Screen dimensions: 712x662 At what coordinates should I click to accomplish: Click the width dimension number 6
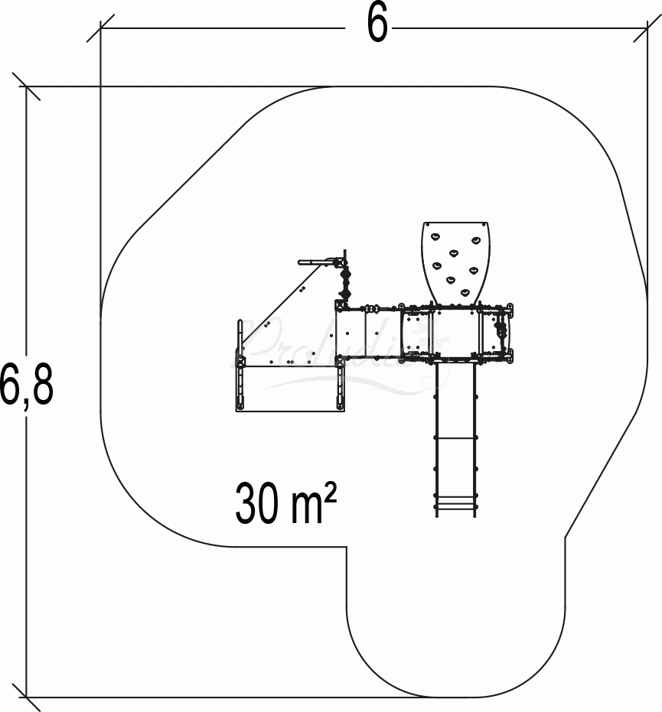click(377, 24)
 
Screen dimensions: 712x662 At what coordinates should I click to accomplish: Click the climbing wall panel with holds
click(455, 261)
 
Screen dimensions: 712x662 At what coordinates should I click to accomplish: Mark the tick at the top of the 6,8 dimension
click(27, 86)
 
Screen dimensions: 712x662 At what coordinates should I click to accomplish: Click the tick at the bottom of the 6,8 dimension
click(27, 697)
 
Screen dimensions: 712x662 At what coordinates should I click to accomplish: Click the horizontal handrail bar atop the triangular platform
click(318, 261)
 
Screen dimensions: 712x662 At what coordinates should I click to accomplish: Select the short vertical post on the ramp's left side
click(240, 336)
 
